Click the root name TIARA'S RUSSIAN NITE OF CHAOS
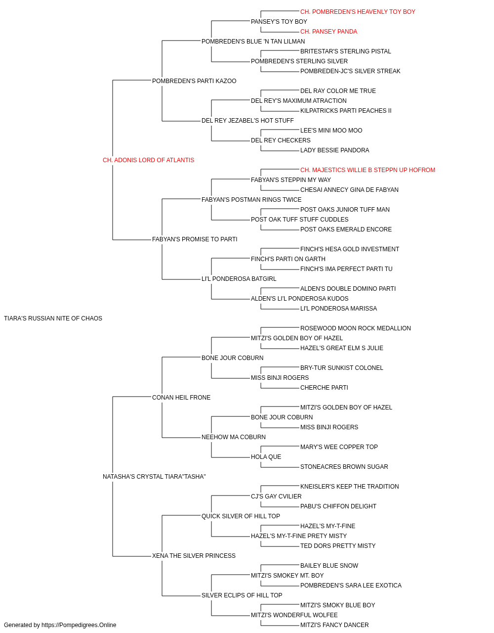coord(53,318)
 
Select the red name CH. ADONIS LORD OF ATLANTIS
coord(148,160)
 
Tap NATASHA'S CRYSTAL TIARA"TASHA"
coord(154,477)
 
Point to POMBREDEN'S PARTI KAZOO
coord(194,81)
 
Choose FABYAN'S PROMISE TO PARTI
coord(195,239)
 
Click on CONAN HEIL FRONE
coord(181,398)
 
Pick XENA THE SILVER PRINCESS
coord(194,556)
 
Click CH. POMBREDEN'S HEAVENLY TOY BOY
coord(358,12)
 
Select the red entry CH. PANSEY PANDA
coord(329,32)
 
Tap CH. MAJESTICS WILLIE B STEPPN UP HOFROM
coord(368,170)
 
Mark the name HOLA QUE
coord(266,457)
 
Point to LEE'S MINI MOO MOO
coord(331,131)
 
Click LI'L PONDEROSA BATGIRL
coord(239,279)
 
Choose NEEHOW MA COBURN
coord(234,437)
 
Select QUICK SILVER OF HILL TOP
coord(241,516)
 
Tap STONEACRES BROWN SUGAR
coord(344,467)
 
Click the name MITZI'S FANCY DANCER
coord(334,625)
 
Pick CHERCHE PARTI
coord(324,388)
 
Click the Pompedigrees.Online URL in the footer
coord(79,625)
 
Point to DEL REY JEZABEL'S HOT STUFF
coord(247,121)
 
